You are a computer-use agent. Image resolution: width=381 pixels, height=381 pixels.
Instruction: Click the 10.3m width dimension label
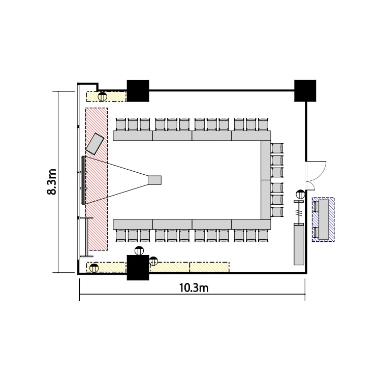tap(194, 288)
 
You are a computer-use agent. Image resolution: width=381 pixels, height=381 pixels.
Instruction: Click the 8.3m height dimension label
tap(51, 182)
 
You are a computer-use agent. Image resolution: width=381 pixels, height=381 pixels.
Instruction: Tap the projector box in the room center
tap(155, 180)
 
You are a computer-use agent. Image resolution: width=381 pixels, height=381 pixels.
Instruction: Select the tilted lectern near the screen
tap(95, 144)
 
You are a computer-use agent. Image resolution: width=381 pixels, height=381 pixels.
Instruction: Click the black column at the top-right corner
tap(305, 90)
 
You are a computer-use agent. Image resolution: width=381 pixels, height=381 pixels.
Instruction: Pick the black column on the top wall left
tap(138, 90)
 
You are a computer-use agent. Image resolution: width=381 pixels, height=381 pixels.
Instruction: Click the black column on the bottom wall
tap(138, 268)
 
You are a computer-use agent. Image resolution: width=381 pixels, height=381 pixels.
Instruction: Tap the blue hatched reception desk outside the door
tap(323, 219)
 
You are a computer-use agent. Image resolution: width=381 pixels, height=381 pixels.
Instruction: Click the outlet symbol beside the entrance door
tap(301, 194)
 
